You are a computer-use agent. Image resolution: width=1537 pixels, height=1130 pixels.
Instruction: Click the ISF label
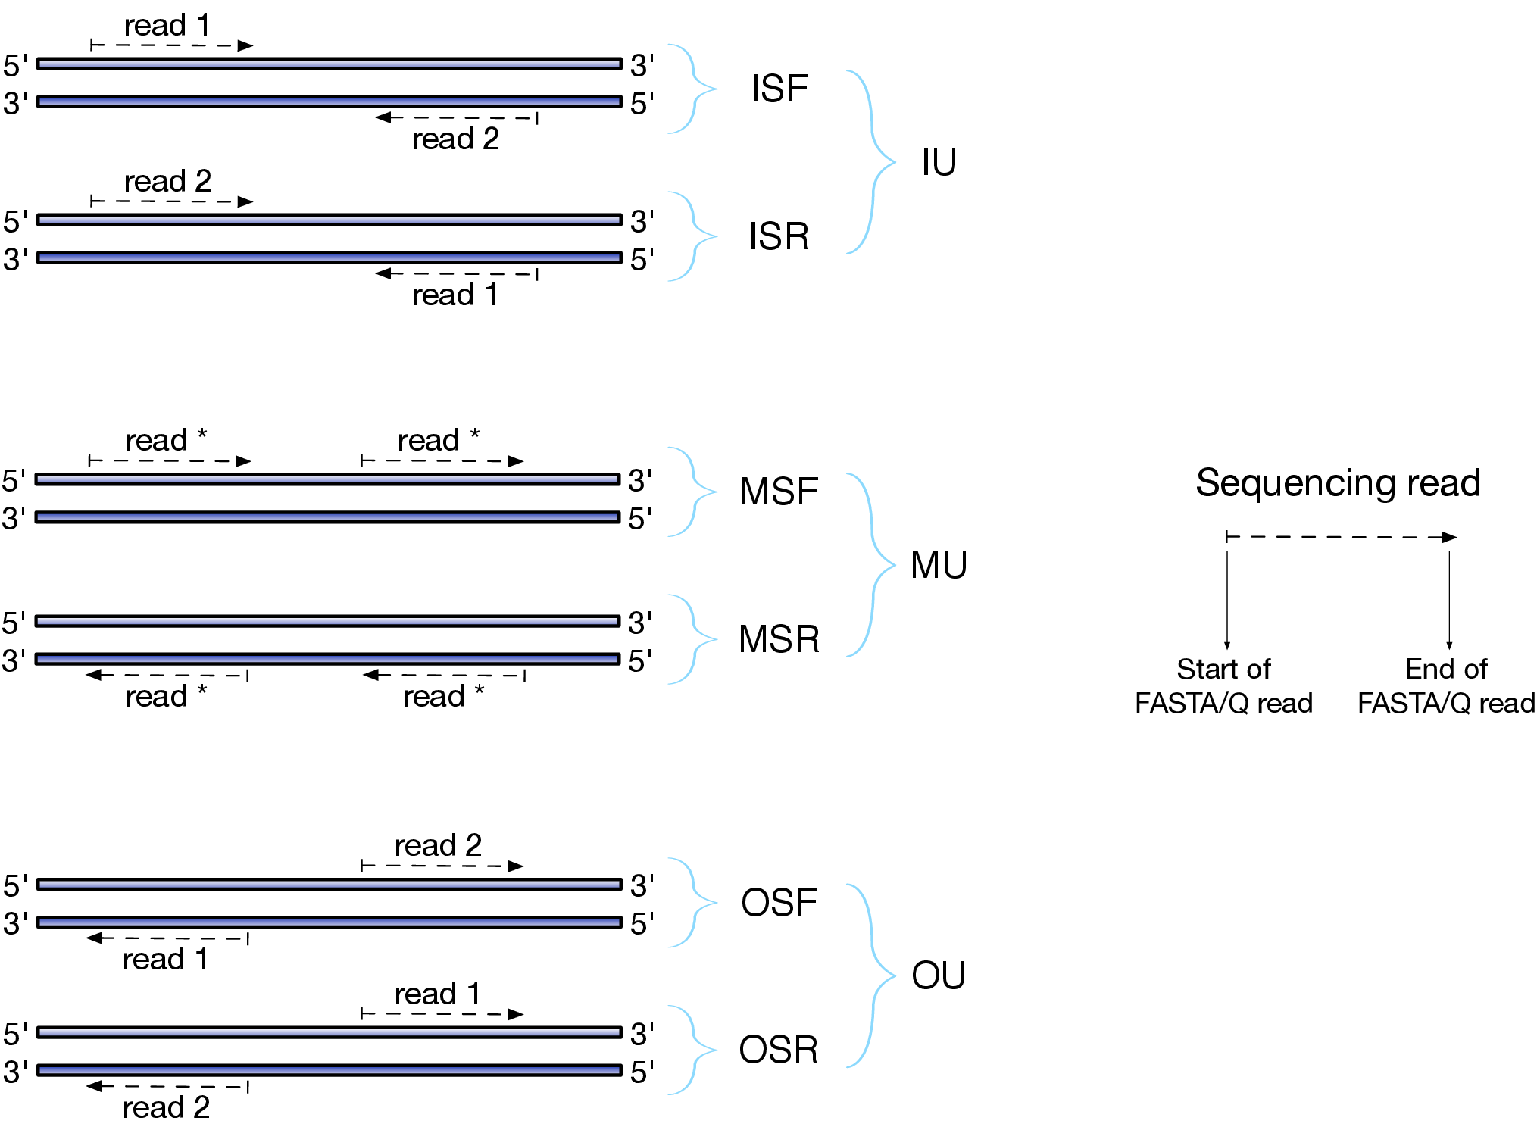tap(779, 89)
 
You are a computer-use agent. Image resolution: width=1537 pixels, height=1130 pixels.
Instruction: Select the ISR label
tap(779, 236)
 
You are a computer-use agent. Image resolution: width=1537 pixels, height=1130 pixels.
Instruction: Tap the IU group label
tap(939, 162)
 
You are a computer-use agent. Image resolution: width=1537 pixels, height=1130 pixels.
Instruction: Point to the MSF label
tap(779, 492)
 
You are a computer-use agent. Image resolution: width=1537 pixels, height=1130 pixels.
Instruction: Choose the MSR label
tap(779, 639)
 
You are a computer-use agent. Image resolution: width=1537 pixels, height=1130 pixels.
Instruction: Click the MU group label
tap(939, 565)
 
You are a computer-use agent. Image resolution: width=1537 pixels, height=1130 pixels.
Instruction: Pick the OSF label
tap(779, 903)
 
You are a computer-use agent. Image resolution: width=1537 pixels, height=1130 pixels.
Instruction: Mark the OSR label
tap(779, 1050)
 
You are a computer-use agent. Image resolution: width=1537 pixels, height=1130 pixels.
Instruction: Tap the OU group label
tap(939, 975)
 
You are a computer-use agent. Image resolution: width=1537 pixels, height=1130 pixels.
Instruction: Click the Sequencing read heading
tap(1338, 482)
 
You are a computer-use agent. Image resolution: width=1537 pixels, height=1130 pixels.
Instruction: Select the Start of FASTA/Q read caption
tap(1223, 686)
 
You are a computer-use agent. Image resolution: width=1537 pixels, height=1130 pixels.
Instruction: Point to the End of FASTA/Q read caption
tap(1446, 686)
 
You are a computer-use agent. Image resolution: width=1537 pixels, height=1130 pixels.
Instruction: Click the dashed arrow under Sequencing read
tap(1341, 537)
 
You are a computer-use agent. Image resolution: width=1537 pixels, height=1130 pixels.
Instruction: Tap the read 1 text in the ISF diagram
tap(167, 26)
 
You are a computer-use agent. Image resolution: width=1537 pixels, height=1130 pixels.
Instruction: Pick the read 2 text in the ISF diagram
tap(455, 139)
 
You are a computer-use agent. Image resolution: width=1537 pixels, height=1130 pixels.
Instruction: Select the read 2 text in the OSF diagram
tap(438, 845)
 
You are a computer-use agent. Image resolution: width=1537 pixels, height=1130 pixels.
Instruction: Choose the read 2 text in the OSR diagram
tap(166, 1107)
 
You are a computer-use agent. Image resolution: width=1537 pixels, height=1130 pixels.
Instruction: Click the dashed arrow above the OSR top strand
tap(442, 1014)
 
